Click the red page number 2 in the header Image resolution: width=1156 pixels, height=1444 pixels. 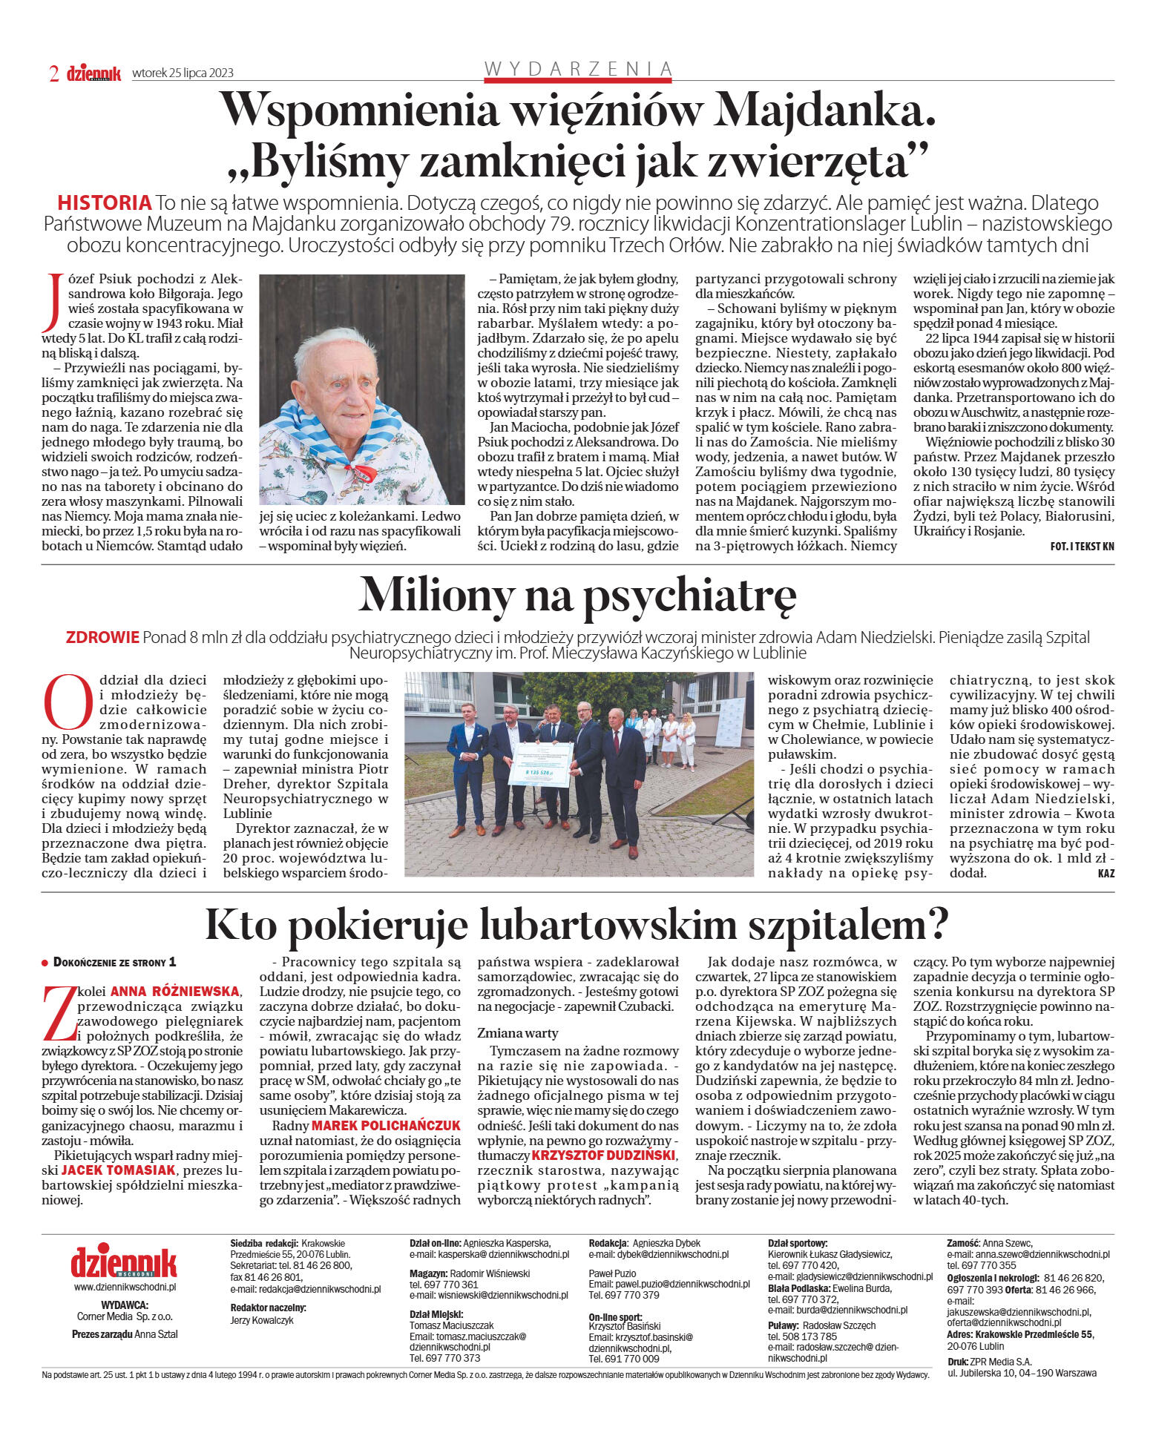pos(53,73)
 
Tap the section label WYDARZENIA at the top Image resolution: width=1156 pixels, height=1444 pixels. pos(578,69)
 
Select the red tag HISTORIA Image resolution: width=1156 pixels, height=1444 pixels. pos(104,202)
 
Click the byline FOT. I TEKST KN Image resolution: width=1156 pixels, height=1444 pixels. pos(1082,547)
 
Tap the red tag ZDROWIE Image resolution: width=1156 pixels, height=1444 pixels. pos(102,637)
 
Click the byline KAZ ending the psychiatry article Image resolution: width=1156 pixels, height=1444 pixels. pos(1106,873)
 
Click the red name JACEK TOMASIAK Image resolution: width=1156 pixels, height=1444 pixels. pos(119,1170)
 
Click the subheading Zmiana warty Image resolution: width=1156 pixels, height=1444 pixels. pos(518,1032)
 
